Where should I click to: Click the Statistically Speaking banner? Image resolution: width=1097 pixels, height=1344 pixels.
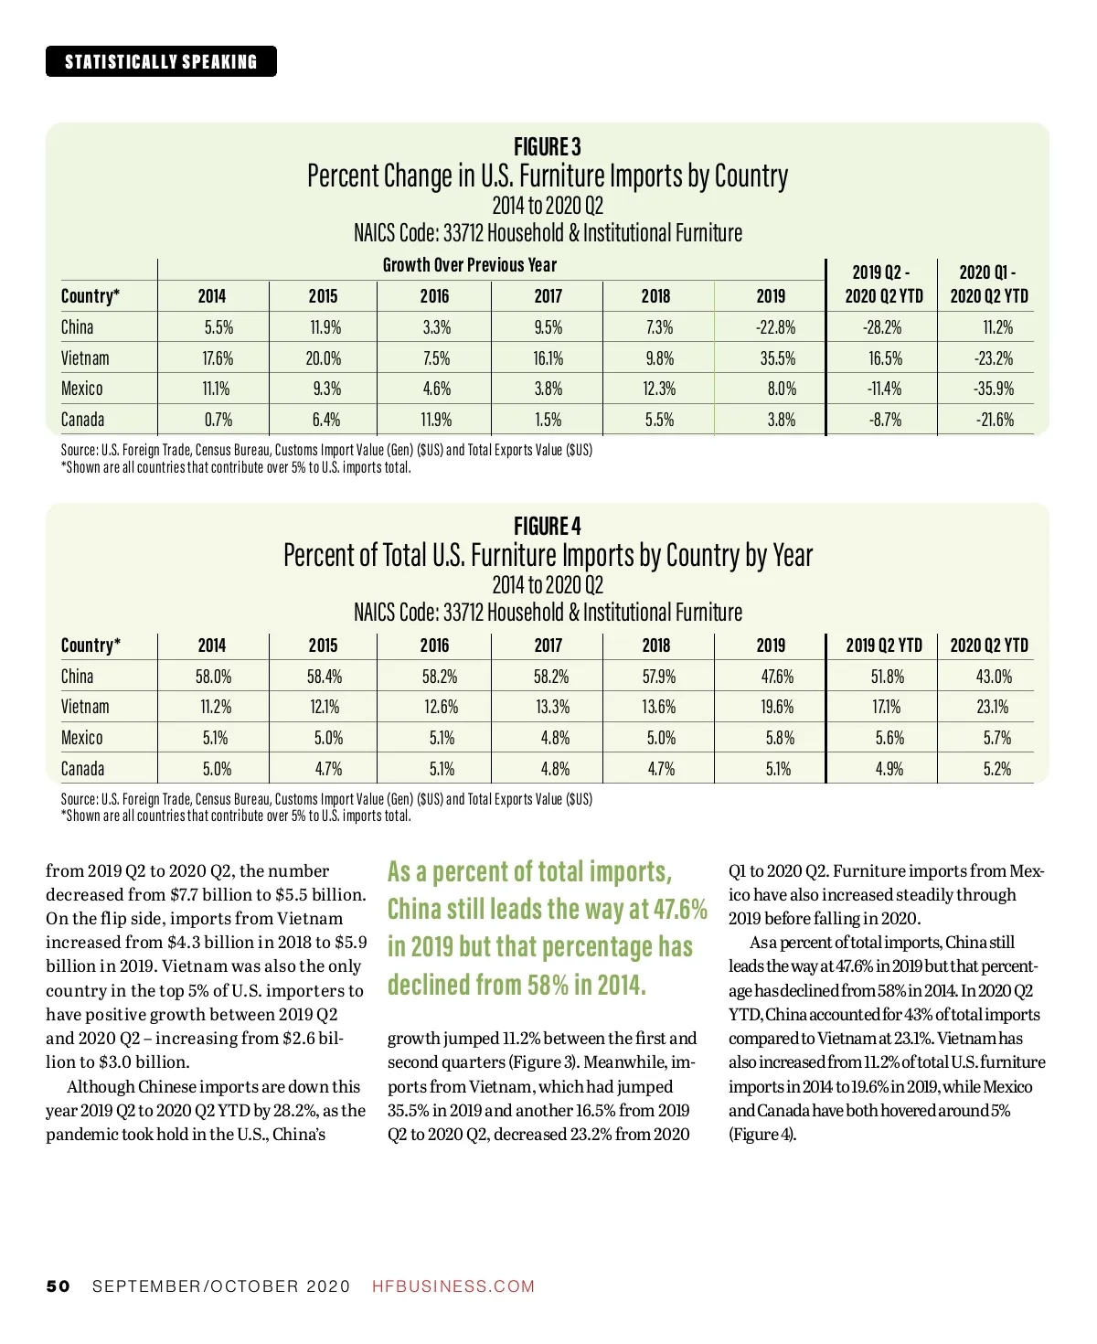pos(161,61)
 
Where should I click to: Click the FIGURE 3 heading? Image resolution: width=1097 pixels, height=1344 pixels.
pos(547,147)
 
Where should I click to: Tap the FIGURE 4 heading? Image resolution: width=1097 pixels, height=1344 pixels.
pos(547,527)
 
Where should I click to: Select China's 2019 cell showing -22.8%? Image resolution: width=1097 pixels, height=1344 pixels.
pos(775,327)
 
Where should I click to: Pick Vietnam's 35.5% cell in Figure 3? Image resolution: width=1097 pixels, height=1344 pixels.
pos(778,358)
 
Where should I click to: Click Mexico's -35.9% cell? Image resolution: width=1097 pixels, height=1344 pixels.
pos(994,389)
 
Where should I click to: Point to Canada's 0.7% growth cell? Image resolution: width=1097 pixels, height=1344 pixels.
pos(218,420)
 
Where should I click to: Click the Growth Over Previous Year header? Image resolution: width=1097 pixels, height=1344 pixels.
pos(469,265)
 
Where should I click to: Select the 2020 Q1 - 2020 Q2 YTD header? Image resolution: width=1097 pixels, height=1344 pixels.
pos(988,284)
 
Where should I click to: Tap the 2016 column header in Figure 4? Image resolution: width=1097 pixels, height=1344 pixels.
pos(434,645)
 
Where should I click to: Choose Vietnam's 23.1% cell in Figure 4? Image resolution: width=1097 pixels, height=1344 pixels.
pos(993,707)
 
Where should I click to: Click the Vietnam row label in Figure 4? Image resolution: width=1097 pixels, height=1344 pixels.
pos(85,707)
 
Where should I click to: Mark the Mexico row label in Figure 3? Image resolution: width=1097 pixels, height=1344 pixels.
pos(82,389)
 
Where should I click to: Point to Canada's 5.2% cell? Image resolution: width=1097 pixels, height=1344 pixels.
pos(996,769)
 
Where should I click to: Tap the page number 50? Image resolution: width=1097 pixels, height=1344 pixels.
pos(58,1286)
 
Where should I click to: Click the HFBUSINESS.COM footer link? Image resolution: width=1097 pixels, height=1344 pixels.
pos(453,1286)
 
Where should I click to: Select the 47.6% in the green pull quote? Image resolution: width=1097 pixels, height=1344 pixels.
pos(680,910)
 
